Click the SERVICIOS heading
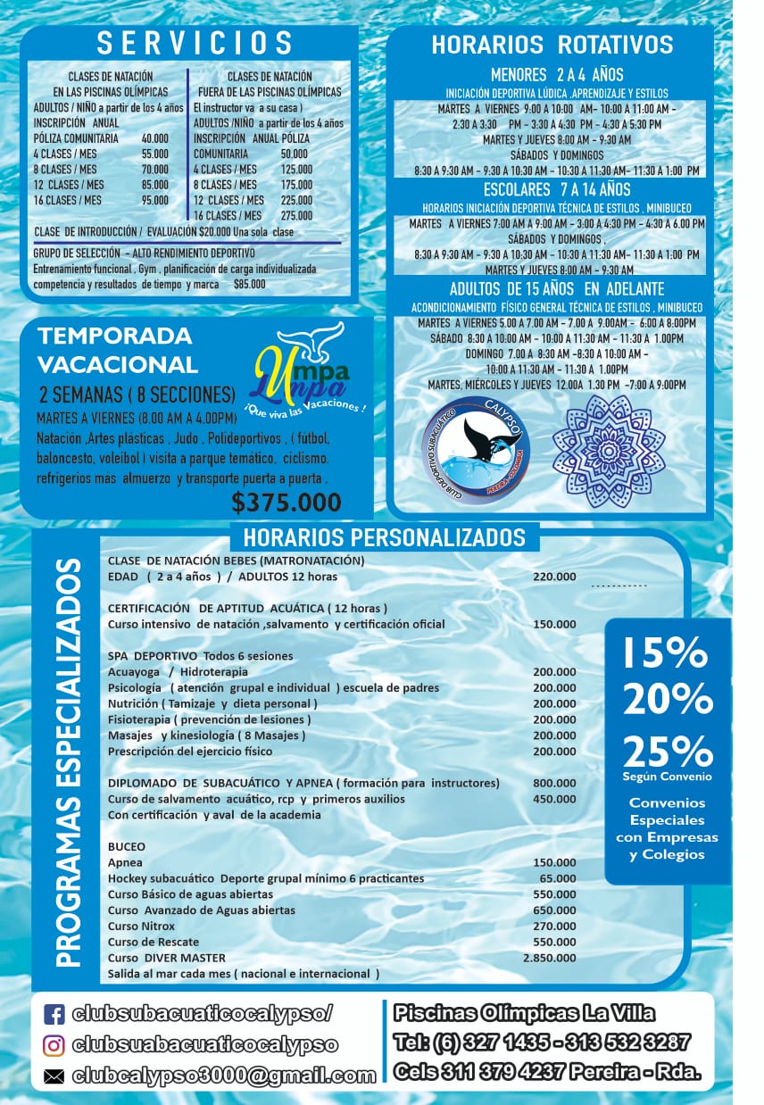(195, 42)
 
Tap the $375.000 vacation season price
(286, 503)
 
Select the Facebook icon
(54, 1014)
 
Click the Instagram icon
(54, 1044)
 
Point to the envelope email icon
(54, 1076)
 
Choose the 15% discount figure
(664, 653)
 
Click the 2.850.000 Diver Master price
(550, 958)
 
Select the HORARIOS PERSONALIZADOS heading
(384, 537)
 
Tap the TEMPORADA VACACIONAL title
(117, 350)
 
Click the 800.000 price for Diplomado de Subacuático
(554, 783)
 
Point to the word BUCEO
(127, 846)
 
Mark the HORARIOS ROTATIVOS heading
(552, 45)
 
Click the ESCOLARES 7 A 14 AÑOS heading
(556, 189)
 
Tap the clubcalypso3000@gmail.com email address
(223, 1076)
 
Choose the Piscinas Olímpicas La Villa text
(525, 1013)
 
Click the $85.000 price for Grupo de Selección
(249, 284)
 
